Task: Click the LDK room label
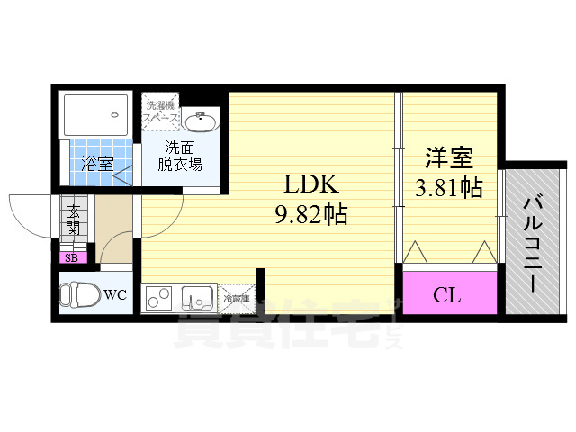pyautogui.click(x=311, y=185)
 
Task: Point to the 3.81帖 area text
pyautogui.click(x=448, y=188)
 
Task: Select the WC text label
pyautogui.click(x=114, y=294)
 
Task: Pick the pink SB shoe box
pyautogui.click(x=69, y=258)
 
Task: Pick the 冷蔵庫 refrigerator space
pyautogui.click(x=235, y=297)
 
